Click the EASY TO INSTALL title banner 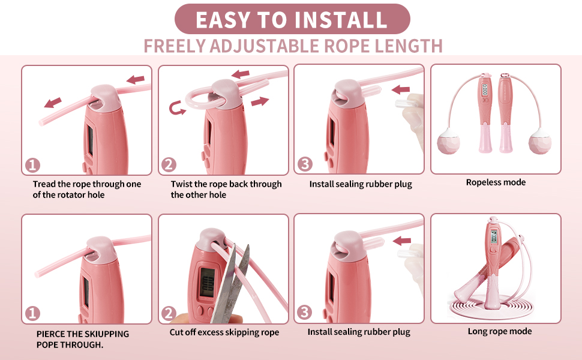pyautogui.click(x=292, y=19)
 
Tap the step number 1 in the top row pyautogui.click(x=32, y=165)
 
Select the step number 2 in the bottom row pyautogui.click(x=169, y=314)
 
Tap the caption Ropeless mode pyautogui.click(x=496, y=182)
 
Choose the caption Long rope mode pyautogui.click(x=500, y=331)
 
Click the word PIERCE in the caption pyautogui.click(x=50, y=334)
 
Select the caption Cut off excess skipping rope pyautogui.click(x=224, y=332)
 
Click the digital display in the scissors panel pyautogui.click(x=208, y=281)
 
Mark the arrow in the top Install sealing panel pyautogui.click(x=401, y=89)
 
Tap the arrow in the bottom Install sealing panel pyautogui.click(x=402, y=241)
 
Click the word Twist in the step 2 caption pyautogui.click(x=181, y=184)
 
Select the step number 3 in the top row pyautogui.click(x=305, y=164)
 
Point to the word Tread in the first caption pyautogui.click(x=44, y=184)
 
